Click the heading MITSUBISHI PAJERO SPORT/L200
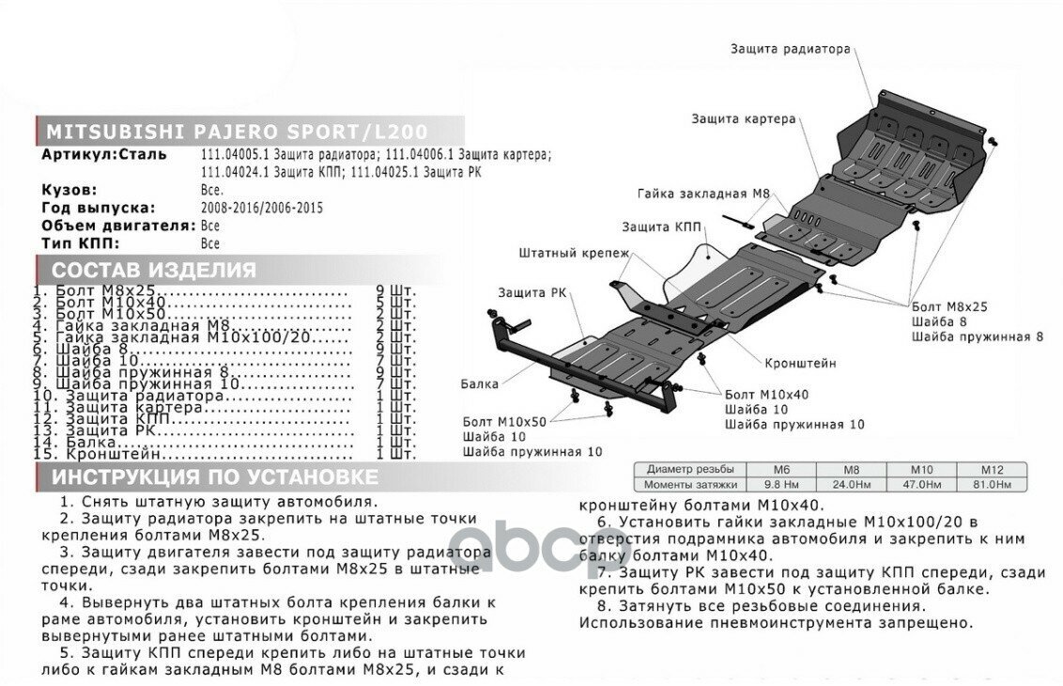(236, 131)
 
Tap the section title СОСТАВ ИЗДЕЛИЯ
(153, 271)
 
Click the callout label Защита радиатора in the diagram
(790, 49)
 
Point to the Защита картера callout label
(744, 119)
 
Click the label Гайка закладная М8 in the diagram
(703, 193)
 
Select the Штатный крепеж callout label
(574, 253)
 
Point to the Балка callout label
(480, 383)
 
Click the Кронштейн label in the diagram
(800, 362)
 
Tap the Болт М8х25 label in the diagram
(949, 306)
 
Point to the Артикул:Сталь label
(104, 154)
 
